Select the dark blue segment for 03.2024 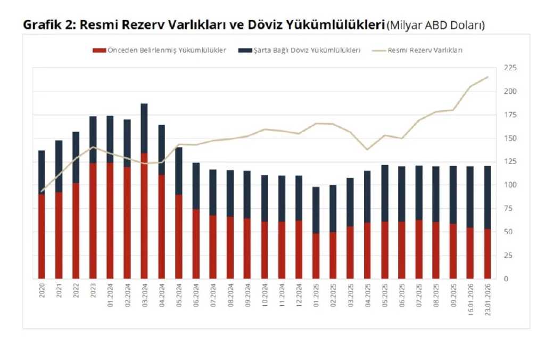144,128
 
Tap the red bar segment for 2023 93,221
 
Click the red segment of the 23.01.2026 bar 487,254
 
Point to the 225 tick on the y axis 510,68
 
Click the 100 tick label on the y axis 510,185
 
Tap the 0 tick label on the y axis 506,279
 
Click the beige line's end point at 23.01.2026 487,77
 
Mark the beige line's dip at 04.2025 367,150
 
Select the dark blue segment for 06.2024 196,186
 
